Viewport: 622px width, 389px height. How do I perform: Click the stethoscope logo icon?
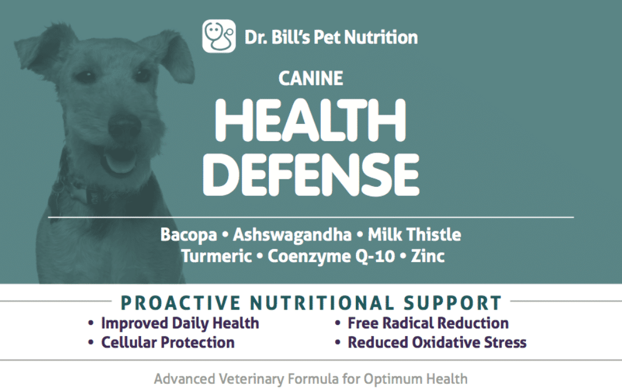click(219, 36)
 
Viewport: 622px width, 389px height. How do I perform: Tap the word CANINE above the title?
click(310, 78)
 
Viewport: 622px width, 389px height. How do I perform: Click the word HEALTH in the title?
click(310, 120)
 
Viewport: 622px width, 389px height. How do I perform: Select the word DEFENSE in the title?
click(311, 175)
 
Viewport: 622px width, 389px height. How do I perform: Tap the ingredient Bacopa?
click(188, 235)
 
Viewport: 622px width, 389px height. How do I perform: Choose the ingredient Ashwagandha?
click(292, 235)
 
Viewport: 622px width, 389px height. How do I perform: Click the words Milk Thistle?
click(414, 234)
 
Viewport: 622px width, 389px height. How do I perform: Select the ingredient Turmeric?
click(217, 256)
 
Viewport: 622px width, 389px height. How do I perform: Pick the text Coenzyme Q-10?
click(331, 256)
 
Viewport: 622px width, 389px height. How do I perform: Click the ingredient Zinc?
click(427, 256)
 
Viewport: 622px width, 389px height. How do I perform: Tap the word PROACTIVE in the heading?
click(180, 303)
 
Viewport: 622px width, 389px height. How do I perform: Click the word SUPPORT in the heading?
click(453, 303)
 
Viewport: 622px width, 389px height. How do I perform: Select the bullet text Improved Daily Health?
click(180, 323)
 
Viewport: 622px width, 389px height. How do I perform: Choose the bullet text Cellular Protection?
click(168, 342)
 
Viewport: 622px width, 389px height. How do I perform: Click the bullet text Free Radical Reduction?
click(428, 323)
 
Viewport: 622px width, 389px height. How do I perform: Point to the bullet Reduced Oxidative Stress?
click(437, 342)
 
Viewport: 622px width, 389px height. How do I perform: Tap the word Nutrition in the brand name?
click(381, 37)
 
